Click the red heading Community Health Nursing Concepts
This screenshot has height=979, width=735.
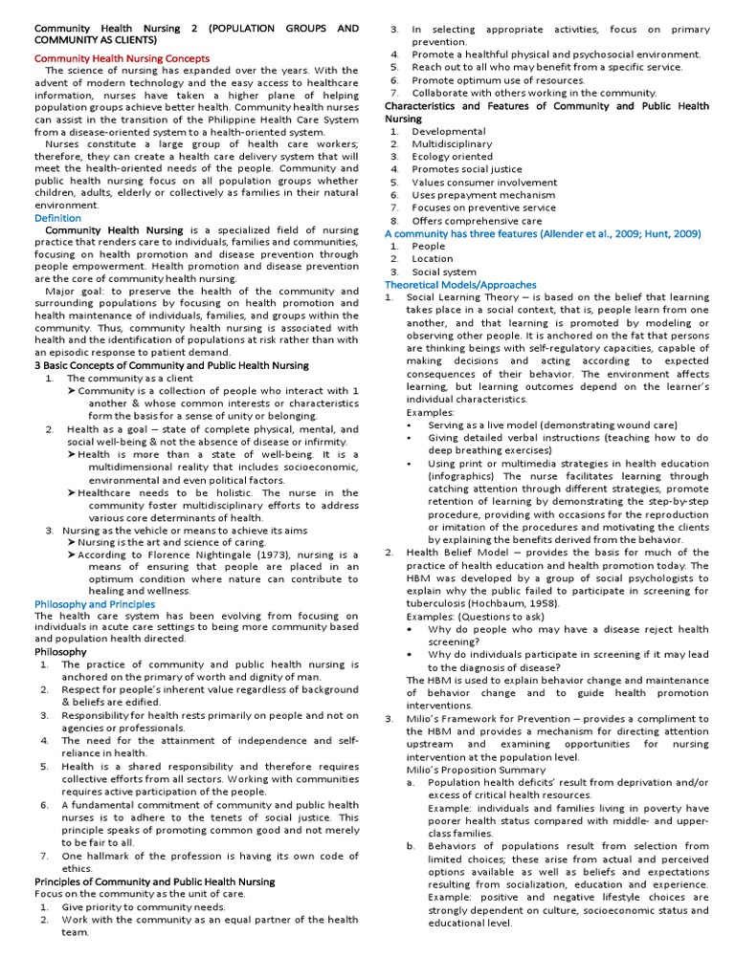pyautogui.click(x=122, y=58)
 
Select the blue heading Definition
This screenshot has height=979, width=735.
pyautogui.click(x=57, y=218)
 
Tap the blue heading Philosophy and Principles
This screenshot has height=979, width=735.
pyautogui.click(x=94, y=604)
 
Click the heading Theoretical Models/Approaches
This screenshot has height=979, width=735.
pyautogui.click(x=460, y=285)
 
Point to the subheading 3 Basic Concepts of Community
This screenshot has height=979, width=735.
pyautogui.click(x=171, y=365)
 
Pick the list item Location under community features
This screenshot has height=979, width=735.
pyautogui.click(x=432, y=259)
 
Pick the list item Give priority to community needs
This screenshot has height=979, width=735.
pyautogui.click(x=144, y=906)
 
